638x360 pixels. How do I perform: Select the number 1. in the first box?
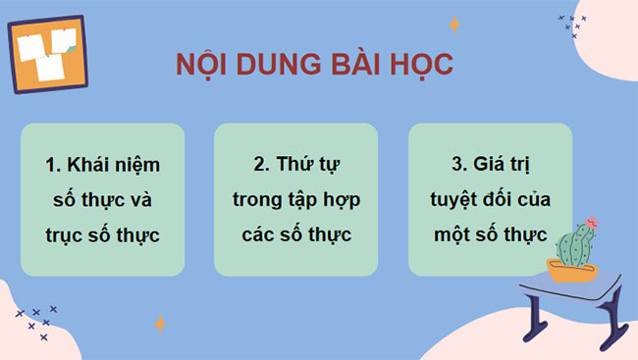(54, 164)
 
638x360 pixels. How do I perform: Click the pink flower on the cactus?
(591, 223)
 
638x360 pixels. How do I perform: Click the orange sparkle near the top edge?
(453, 24)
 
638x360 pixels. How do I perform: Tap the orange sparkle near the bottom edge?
(159, 323)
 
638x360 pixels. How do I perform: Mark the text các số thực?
(295, 235)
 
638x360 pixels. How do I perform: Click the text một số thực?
(490, 235)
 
